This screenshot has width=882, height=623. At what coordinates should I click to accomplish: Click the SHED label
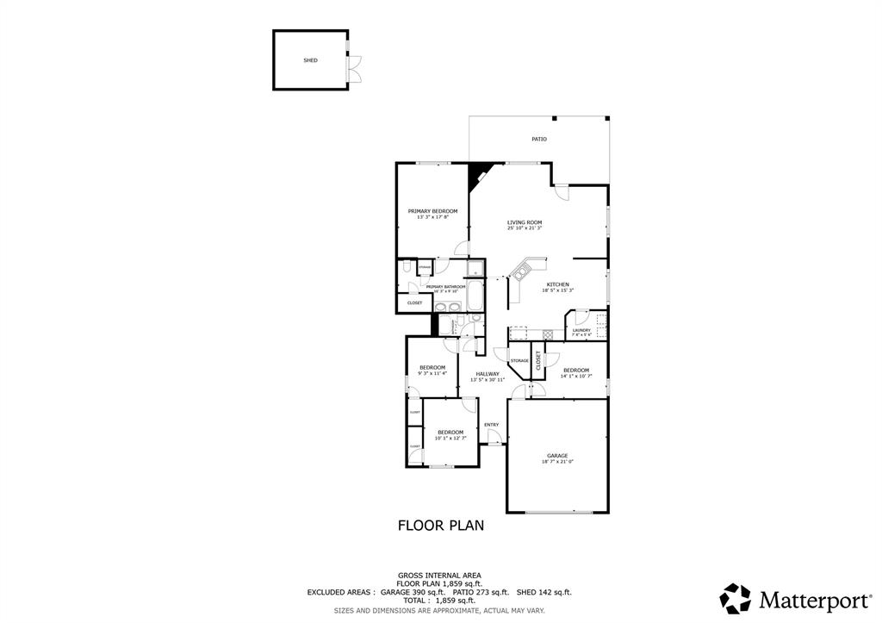click(x=310, y=61)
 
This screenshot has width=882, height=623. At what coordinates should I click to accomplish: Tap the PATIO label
click(x=539, y=139)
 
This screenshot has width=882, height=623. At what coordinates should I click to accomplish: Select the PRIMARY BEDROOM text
click(x=432, y=211)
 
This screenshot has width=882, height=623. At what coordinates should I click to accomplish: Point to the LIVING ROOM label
click(x=524, y=222)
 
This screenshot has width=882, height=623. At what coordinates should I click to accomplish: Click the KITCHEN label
click(x=557, y=284)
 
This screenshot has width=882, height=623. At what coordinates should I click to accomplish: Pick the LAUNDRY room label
click(x=581, y=330)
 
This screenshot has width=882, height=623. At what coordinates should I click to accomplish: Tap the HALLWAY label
click(x=488, y=373)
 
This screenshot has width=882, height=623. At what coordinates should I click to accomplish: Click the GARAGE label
click(x=557, y=455)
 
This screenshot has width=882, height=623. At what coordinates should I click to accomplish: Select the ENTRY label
click(x=491, y=424)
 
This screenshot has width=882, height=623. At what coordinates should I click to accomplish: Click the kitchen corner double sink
click(x=521, y=274)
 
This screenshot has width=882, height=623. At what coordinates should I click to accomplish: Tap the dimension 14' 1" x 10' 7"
click(x=576, y=377)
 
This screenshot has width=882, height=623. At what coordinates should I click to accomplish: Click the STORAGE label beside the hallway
click(x=519, y=360)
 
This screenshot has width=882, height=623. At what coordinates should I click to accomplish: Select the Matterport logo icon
click(x=736, y=598)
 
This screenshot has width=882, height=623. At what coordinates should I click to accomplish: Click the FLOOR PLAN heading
click(x=440, y=524)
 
